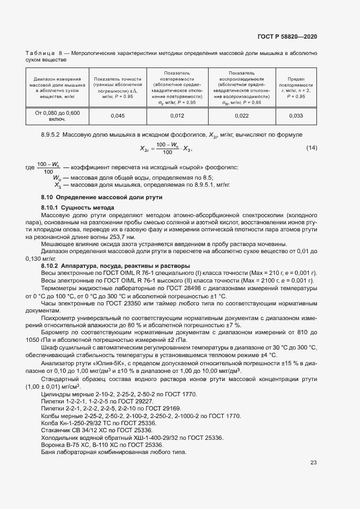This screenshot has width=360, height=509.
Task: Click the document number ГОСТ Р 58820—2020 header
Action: [x=287, y=36]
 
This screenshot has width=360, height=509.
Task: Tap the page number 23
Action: [x=313, y=463]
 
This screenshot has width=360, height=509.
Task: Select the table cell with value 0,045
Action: [x=118, y=115]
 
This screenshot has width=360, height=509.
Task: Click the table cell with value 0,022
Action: [x=241, y=115]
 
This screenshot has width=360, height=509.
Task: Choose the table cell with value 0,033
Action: [x=296, y=115]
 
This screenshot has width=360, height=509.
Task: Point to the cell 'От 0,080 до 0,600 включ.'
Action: [x=58, y=115]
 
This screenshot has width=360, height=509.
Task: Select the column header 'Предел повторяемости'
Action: [x=296, y=82]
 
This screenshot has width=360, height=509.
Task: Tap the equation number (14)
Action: [x=312, y=148]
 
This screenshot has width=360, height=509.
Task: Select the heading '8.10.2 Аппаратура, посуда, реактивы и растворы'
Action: [x=115, y=265]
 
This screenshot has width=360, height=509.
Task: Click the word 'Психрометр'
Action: [x=58, y=317]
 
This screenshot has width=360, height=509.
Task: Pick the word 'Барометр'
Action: [x=56, y=331]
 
